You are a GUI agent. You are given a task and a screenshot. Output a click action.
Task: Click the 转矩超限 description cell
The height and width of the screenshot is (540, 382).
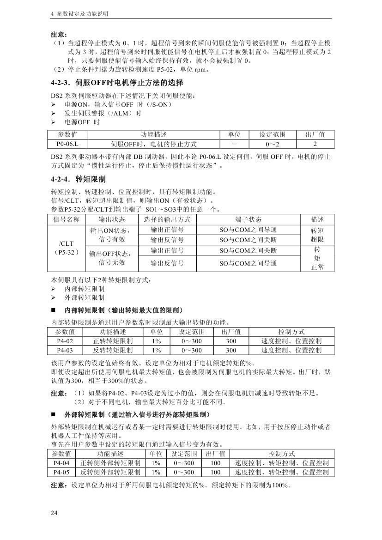coord(317,235)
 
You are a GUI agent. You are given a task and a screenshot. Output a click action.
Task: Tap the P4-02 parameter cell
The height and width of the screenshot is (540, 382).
coord(65,341)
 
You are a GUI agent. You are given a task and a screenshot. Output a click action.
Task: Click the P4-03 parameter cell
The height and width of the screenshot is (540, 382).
coord(65,350)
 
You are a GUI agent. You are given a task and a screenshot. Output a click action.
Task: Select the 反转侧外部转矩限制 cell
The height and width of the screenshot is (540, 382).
coord(110,472)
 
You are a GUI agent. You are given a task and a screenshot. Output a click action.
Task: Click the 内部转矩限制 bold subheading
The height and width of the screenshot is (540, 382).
coord(124,310)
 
